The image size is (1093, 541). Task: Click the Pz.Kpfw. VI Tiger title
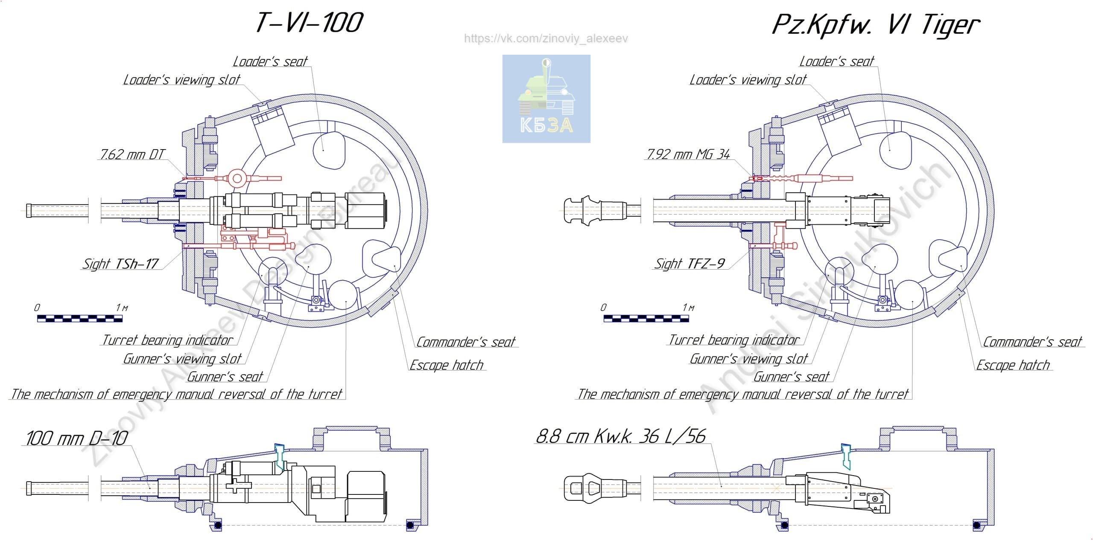click(x=876, y=25)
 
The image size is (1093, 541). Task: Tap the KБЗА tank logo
click(x=546, y=99)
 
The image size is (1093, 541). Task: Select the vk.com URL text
click(x=546, y=38)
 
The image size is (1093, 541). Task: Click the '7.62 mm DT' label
click(x=132, y=154)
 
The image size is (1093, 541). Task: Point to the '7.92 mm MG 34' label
click(x=688, y=154)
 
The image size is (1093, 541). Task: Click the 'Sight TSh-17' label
click(x=121, y=264)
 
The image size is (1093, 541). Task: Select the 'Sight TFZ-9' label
click(x=690, y=263)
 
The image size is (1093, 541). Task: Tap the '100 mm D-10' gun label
click(x=76, y=438)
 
